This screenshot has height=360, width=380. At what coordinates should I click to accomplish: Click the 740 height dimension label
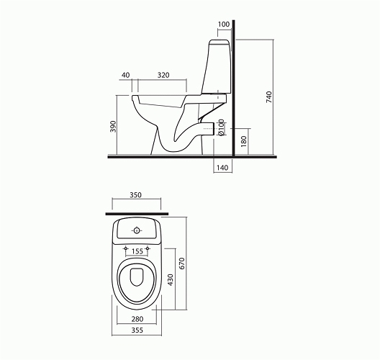point(269,97)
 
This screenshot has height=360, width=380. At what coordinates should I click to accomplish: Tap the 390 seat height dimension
point(113,126)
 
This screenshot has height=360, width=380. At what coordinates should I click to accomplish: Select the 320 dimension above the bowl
point(163,75)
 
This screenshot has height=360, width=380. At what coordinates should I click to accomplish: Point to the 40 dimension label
point(125,75)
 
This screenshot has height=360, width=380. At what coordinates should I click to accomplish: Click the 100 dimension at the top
point(224,24)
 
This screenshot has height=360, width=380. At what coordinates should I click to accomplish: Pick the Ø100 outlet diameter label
point(221,127)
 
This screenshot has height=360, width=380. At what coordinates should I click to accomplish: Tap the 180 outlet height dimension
point(244,141)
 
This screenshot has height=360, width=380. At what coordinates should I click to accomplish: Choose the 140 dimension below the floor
point(222,168)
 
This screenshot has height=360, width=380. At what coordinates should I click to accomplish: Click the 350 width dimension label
point(135,195)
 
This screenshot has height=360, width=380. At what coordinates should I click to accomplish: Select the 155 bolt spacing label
point(137,251)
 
